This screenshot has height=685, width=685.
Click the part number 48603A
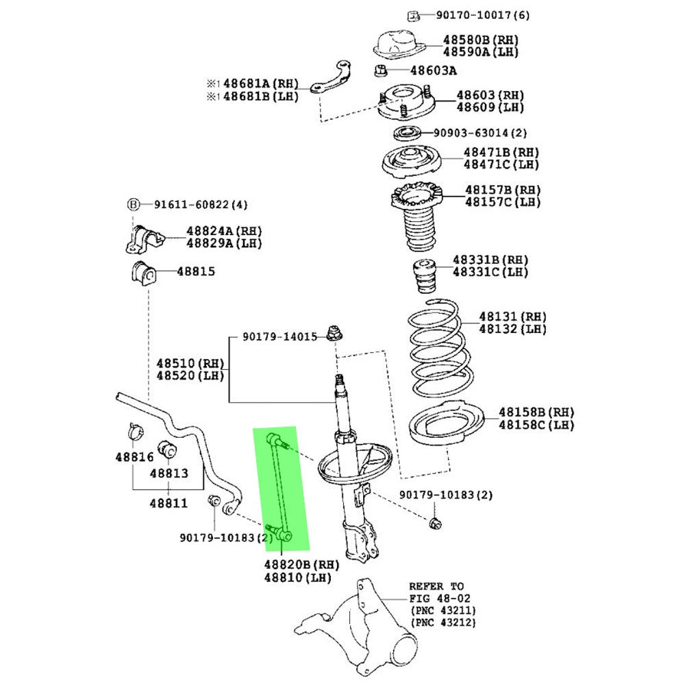[x=433, y=71]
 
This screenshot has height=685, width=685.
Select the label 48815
[x=196, y=271]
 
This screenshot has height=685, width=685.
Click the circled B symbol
[x=133, y=204]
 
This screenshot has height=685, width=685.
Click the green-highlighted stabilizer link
[x=280, y=488]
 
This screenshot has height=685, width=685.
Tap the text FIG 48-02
[x=440, y=598]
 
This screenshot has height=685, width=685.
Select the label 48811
[x=169, y=503]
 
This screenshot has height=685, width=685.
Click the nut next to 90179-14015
[x=335, y=332]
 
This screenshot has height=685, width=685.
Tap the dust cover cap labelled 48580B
[x=399, y=45]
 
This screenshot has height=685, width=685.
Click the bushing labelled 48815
[x=143, y=273]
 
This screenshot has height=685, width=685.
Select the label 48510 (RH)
[x=190, y=363]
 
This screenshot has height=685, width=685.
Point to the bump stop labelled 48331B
[x=425, y=276]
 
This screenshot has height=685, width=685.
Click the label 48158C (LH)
[x=536, y=425]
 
